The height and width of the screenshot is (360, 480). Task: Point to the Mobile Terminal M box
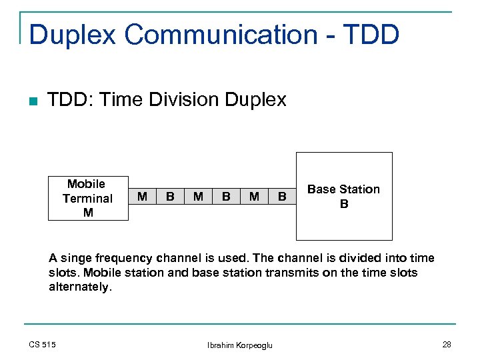coord(87,198)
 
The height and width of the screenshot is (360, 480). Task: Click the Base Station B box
coord(344,196)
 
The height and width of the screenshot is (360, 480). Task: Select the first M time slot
coord(142,196)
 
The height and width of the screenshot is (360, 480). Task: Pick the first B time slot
coord(170,196)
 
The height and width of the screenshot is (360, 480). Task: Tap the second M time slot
coord(198,196)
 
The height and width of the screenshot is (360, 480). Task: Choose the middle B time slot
coord(226,196)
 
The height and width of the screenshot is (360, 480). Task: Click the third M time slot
coord(254,196)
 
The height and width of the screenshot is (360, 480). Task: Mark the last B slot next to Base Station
coord(282,196)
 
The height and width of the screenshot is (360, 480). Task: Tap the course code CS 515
coord(43,344)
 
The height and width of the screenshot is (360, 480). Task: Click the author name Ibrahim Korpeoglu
coord(240,345)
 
